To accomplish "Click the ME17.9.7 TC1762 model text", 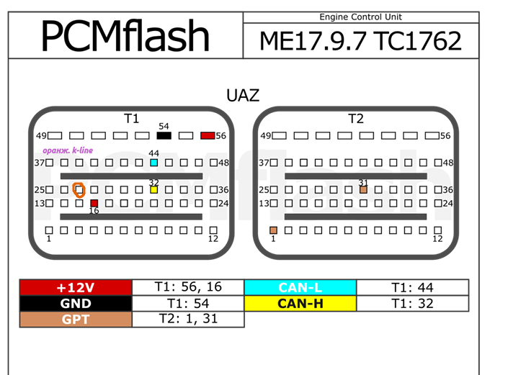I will point(360,42).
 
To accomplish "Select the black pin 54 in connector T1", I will point(164,135).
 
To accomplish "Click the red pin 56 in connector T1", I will point(208,135).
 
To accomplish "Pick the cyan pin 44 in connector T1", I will point(153,163).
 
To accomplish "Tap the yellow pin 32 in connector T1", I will point(153,190).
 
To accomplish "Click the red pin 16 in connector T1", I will point(94,204).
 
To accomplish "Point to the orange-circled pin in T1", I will point(79,190).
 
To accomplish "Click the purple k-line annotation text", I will point(68,150).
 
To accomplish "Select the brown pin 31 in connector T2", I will point(363,190).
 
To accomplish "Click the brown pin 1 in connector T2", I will point(273,230).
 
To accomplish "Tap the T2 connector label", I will point(356,119).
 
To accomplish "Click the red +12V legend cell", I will point(76,287).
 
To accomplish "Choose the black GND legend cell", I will point(76,303).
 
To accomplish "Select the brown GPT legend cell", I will point(76,318).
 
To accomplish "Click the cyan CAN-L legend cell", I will point(300,287).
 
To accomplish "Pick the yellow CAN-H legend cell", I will point(300,303).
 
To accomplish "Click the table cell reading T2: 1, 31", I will point(188,318).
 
